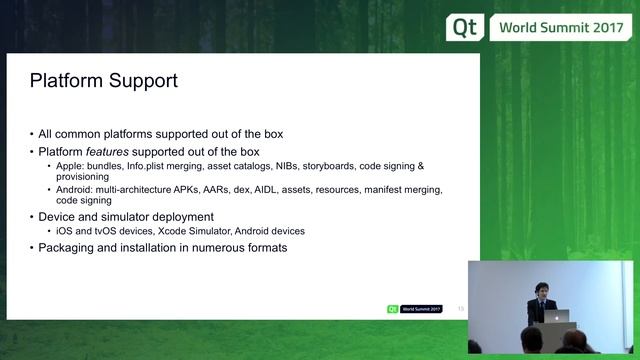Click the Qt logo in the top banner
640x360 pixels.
(x=464, y=27)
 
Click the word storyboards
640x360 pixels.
(x=330, y=165)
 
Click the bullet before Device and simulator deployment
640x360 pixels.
(x=31, y=216)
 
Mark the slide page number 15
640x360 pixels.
(x=461, y=309)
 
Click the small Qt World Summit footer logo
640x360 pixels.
(x=414, y=309)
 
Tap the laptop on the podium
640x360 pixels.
(x=556, y=315)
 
